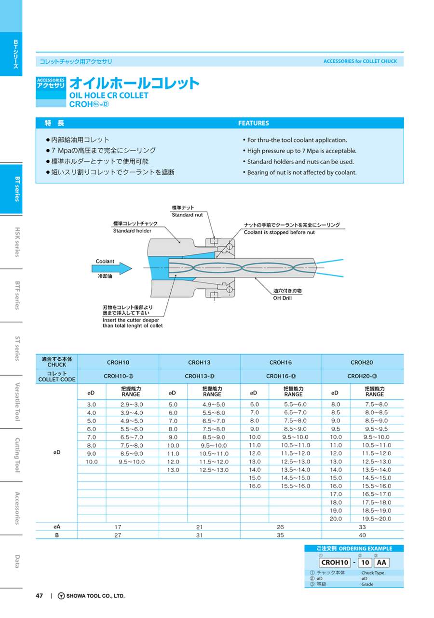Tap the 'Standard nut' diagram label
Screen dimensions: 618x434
tap(187, 215)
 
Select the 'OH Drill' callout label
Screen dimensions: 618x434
tap(283, 298)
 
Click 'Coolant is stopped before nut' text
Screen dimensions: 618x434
tap(279, 232)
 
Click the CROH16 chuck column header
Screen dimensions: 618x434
tap(280, 362)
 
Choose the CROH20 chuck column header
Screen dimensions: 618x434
tap(362, 362)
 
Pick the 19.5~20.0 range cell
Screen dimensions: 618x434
tap(378, 519)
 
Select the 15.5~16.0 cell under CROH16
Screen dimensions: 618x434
tap(296, 486)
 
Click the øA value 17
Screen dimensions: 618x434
tap(118, 527)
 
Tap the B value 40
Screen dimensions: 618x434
tap(362, 535)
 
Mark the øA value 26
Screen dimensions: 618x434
tap(280, 527)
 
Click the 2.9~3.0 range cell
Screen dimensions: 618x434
tap(131, 404)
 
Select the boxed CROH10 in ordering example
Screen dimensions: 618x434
tap(335, 562)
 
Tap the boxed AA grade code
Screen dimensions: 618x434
tap(381, 562)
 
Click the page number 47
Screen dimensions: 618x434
tap(40, 596)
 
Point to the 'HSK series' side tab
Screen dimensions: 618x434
tap(17, 242)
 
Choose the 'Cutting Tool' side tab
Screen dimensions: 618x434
tap(17, 455)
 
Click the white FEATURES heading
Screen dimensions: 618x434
tap(254, 123)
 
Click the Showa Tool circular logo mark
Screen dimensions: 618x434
tap(61, 596)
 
